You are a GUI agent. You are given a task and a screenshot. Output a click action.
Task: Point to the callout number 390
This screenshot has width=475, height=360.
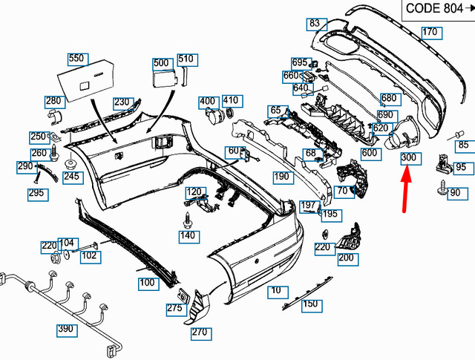[x=67, y=328]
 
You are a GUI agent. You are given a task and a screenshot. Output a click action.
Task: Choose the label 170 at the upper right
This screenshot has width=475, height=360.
[x=430, y=32]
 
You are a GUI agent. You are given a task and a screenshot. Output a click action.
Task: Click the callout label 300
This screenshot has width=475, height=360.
[x=409, y=159]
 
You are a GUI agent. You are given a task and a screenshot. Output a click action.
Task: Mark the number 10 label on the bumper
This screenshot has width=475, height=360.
[x=276, y=290]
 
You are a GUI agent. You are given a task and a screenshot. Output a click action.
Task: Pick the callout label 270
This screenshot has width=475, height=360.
[x=199, y=333]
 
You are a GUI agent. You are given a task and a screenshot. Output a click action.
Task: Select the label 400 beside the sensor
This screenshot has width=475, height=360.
[x=207, y=101]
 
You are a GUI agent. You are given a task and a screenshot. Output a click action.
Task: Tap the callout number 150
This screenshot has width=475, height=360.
[x=310, y=304]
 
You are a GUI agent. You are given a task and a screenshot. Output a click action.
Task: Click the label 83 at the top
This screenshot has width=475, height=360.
[x=315, y=24]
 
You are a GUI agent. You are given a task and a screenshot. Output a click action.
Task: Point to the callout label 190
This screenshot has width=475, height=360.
[x=281, y=177]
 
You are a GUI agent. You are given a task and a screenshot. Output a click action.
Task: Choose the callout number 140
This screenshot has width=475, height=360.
[x=189, y=236]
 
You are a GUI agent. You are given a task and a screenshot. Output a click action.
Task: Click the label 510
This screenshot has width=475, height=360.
[x=186, y=59]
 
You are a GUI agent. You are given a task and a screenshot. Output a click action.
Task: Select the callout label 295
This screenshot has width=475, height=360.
[x=36, y=194]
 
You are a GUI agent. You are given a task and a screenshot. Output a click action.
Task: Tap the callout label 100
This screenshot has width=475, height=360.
[x=146, y=283]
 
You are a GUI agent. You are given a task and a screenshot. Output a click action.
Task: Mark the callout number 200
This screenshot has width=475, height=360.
[x=346, y=258]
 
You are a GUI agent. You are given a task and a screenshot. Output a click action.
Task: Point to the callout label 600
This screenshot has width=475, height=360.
[x=370, y=153]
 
